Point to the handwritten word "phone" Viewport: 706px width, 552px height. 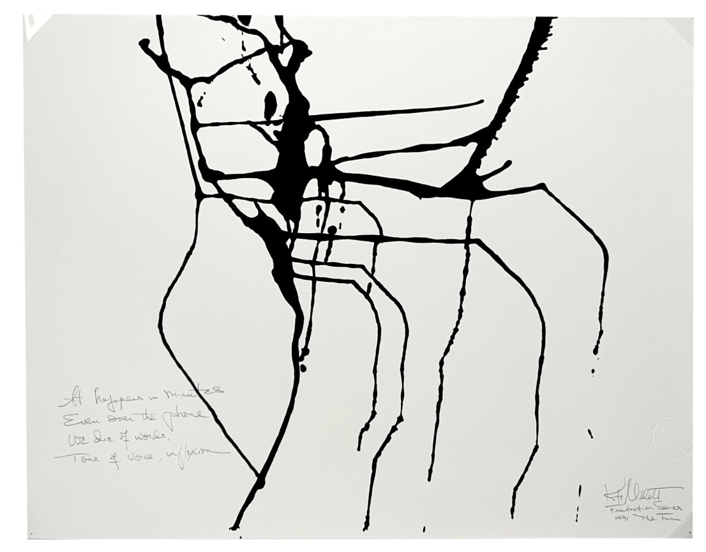coord(185,415)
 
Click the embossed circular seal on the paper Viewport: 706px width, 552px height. coord(672,436)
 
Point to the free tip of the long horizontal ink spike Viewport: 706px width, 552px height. coord(482,101)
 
